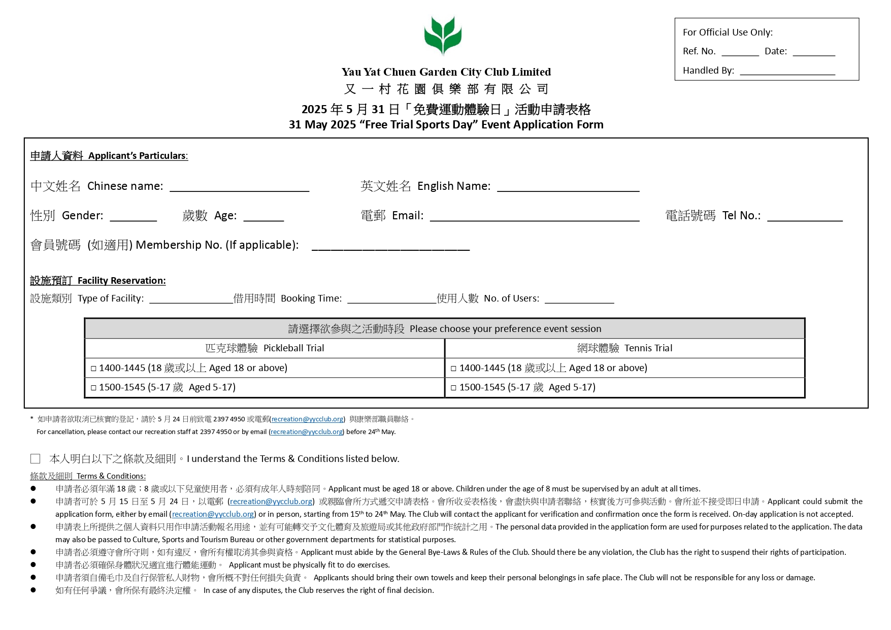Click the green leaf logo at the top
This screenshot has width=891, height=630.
click(443, 35)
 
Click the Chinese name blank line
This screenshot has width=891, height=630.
click(239, 187)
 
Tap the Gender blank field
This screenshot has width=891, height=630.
click(133, 217)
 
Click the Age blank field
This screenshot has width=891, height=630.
click(263, 217)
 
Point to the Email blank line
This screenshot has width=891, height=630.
click(534, 217)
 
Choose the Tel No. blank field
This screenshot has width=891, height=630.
click(804, 217)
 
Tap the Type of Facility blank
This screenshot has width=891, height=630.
click(190, 299)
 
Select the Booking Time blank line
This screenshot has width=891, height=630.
click(391, 299)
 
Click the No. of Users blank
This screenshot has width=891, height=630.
click(579, 299)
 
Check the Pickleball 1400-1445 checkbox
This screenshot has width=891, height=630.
click(93, 369)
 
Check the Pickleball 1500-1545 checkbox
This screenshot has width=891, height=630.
click(93, 388)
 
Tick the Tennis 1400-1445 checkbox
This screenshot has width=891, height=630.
click(453, 369)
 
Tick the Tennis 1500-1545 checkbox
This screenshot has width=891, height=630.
click(453, 388)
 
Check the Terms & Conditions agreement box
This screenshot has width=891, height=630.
click(36, 459)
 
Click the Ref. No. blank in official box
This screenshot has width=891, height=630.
click(740, 52)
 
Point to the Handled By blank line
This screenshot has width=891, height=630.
click(787, 71)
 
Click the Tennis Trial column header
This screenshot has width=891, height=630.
click(624, 348)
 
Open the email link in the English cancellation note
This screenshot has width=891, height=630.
click(307, 432)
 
